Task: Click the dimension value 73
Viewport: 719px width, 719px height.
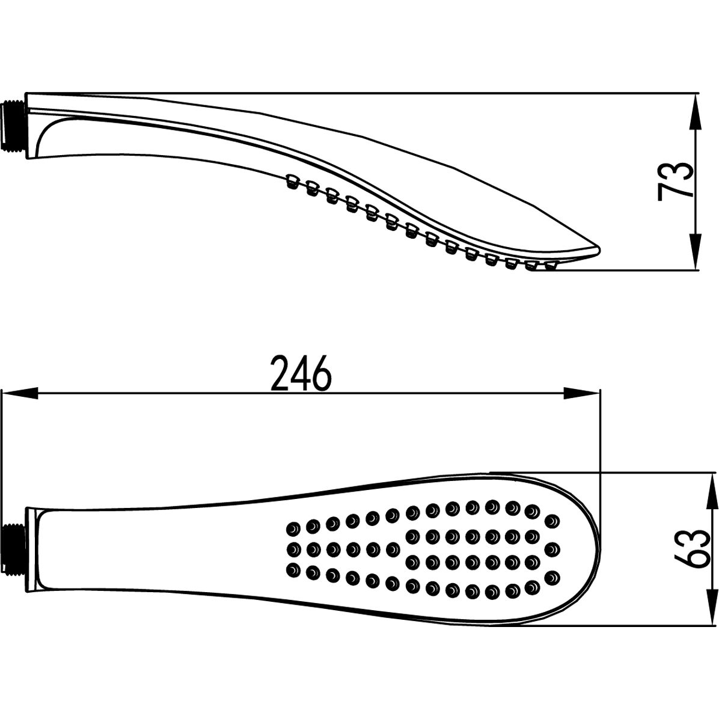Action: click(675, 181)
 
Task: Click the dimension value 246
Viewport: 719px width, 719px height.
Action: click(301, 373)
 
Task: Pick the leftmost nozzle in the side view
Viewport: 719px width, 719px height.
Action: click(292, 180)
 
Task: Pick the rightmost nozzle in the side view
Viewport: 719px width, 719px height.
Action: click(549, 266)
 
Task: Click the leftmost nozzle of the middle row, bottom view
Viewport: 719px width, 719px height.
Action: click(293, 548)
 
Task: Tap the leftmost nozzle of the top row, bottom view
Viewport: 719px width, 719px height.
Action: click(293, 528)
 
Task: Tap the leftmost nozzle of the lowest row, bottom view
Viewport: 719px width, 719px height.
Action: click(293, 569)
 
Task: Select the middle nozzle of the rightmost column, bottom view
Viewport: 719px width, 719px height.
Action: click(552, 548)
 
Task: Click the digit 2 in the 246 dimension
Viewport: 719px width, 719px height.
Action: click(280, 373)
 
